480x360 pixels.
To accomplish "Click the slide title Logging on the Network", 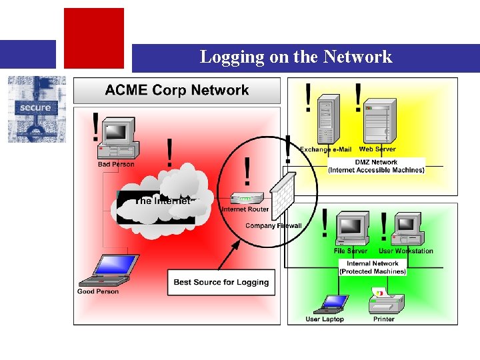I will pos(296,57).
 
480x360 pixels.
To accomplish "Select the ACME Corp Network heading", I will pos(177,91).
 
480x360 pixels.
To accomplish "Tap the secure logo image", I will pos(37,109).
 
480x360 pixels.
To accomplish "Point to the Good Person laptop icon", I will pos(107,271).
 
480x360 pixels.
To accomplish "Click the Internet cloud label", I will pos(163,201).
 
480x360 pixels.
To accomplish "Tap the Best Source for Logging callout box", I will pos(221,282).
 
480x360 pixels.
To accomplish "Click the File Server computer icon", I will pos(351,229).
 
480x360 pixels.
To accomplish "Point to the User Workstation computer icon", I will pos(407,229).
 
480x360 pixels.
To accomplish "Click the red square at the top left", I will pos(93,38).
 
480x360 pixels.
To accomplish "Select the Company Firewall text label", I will pos(273,226).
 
